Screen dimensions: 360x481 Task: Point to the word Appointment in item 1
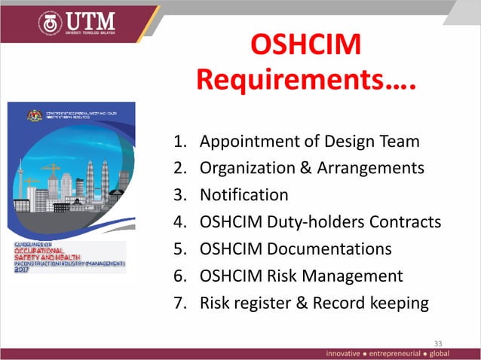click(247, 141)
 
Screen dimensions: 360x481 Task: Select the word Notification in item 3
click(244, 195)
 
